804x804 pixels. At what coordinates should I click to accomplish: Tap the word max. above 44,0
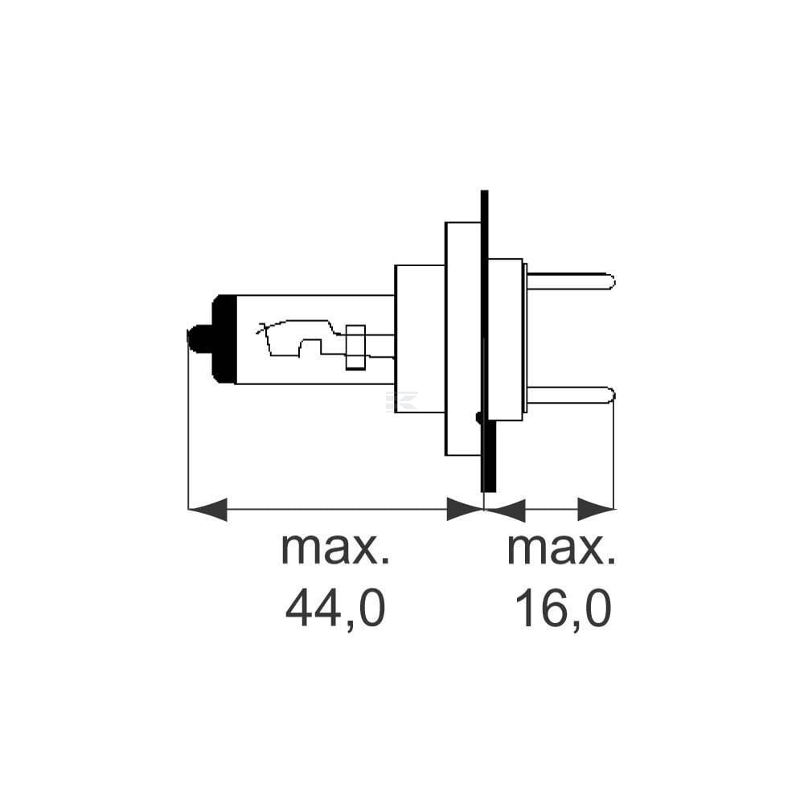coord(335,549)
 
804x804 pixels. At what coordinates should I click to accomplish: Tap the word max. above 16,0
coord(561,549)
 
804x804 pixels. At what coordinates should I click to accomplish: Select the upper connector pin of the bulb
coord(570,281)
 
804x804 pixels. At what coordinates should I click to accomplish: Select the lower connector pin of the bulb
coord(570,396)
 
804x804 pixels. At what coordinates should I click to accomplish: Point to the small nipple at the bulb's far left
coord(199,339)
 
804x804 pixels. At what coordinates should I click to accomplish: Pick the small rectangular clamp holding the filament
coord(355,347)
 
